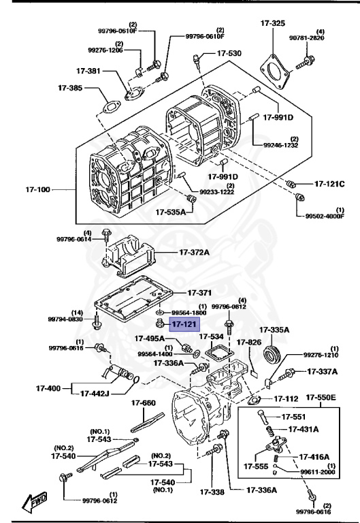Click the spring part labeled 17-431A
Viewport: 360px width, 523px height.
click(271, 431)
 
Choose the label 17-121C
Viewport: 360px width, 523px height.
click(329, 184)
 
